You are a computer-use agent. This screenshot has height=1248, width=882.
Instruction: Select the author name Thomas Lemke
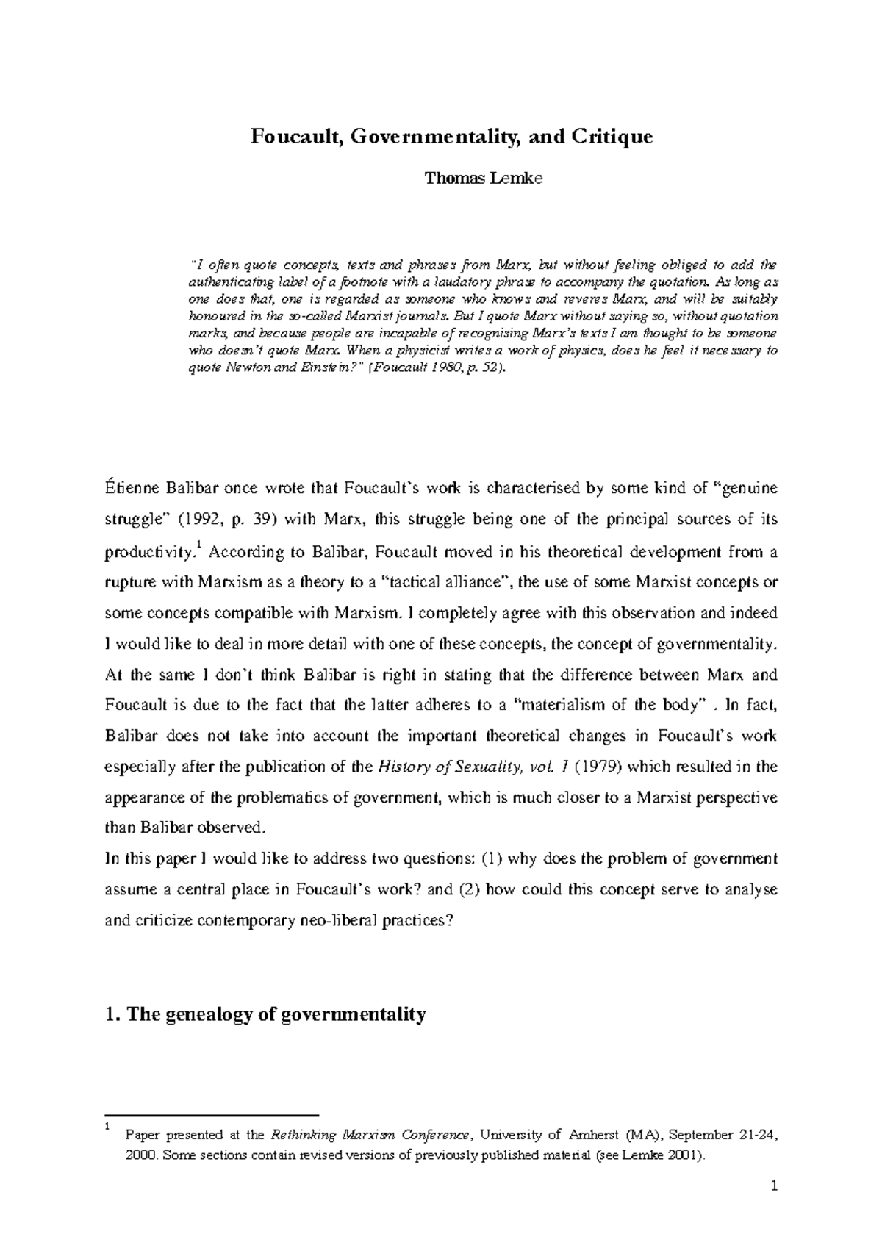click(x=484, y=178)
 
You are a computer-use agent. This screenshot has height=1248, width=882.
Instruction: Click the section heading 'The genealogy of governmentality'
click(x=276, y=1015)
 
